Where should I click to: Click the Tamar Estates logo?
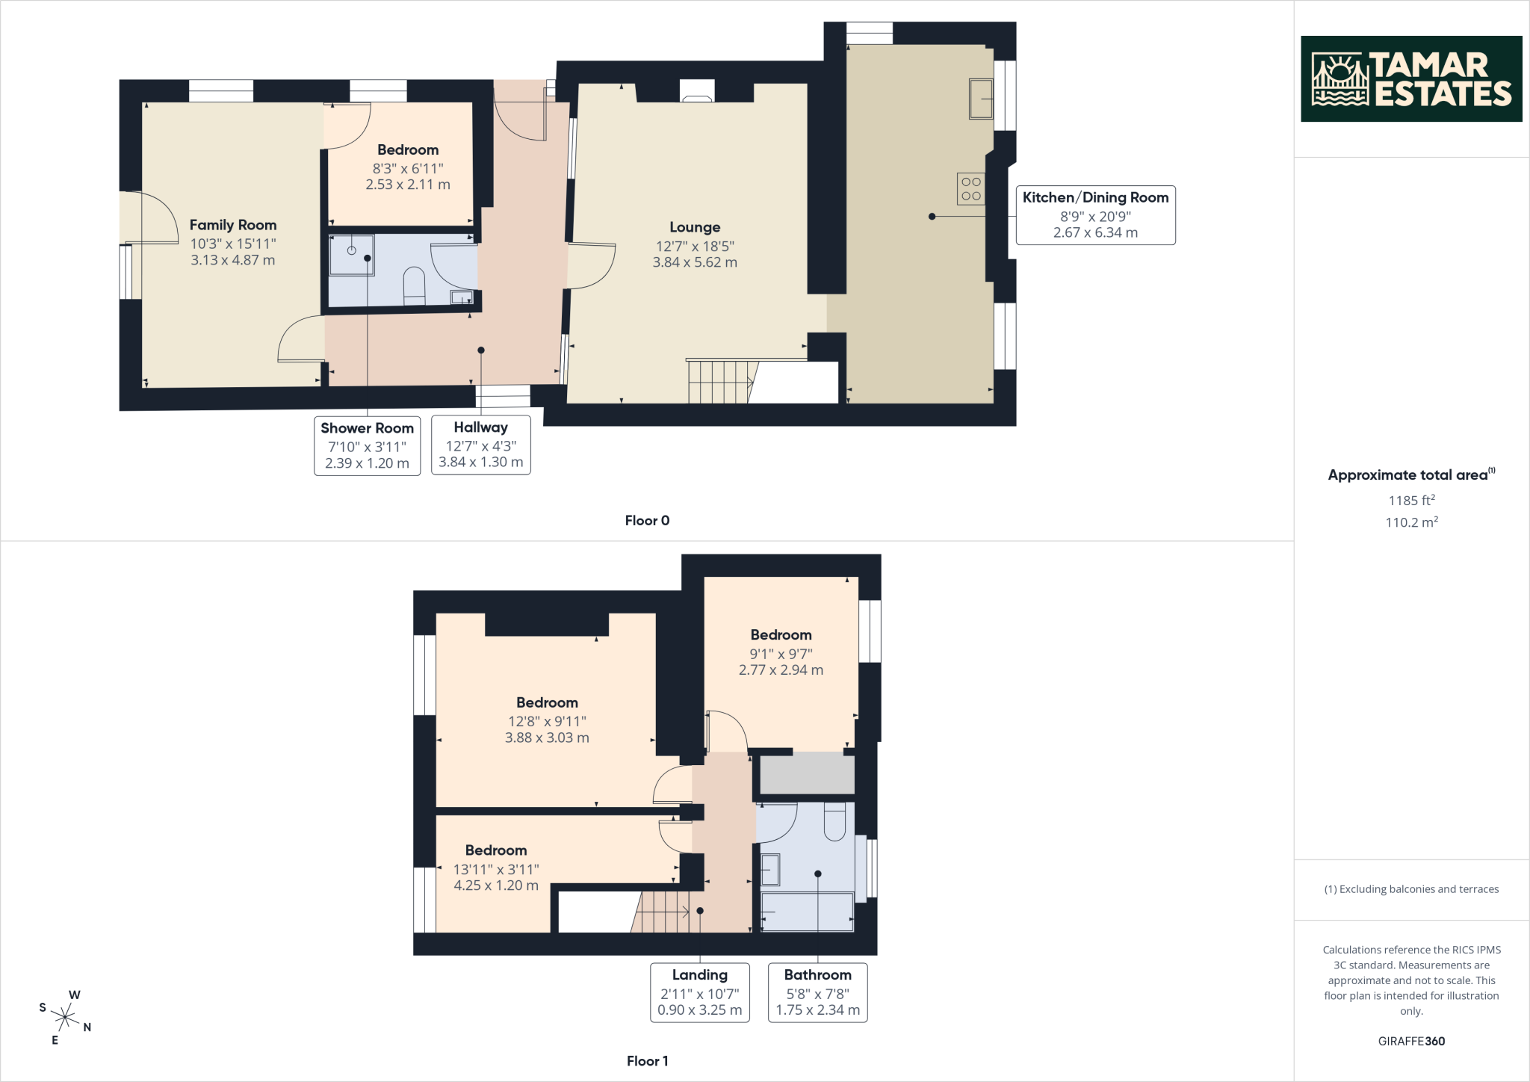1411,78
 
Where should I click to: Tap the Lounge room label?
695,227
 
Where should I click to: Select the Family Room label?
233,225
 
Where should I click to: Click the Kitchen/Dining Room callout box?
1095,215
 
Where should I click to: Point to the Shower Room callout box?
367,445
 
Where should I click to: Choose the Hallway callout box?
481,445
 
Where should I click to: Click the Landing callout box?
700,992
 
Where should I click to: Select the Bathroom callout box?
818,992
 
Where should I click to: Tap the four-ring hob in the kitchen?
971,189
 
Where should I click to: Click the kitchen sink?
981,99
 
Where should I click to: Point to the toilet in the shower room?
414,287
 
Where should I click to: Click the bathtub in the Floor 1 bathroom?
807,912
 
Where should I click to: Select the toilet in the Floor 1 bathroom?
834,821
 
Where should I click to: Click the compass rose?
66,1017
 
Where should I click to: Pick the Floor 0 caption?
647,521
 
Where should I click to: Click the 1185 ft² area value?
1411,500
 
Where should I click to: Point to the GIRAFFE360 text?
1411,1041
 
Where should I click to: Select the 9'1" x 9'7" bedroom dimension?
781,653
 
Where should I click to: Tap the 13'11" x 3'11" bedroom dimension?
496,869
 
